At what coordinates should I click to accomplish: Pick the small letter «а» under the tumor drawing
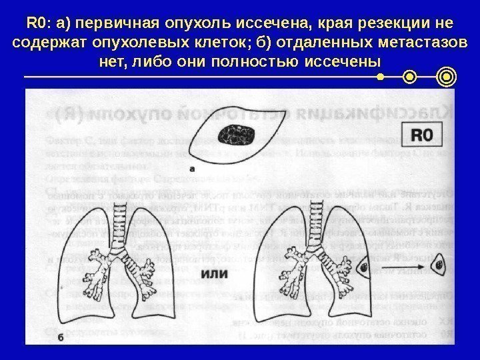coord(192,169)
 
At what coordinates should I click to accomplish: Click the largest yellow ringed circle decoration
coord(447,77)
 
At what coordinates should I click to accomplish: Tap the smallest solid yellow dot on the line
coord(380,77)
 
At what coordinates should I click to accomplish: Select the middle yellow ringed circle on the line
coord(409,77)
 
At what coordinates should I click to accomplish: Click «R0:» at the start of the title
coord(41,24)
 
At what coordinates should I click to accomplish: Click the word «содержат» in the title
coord(51,44)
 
